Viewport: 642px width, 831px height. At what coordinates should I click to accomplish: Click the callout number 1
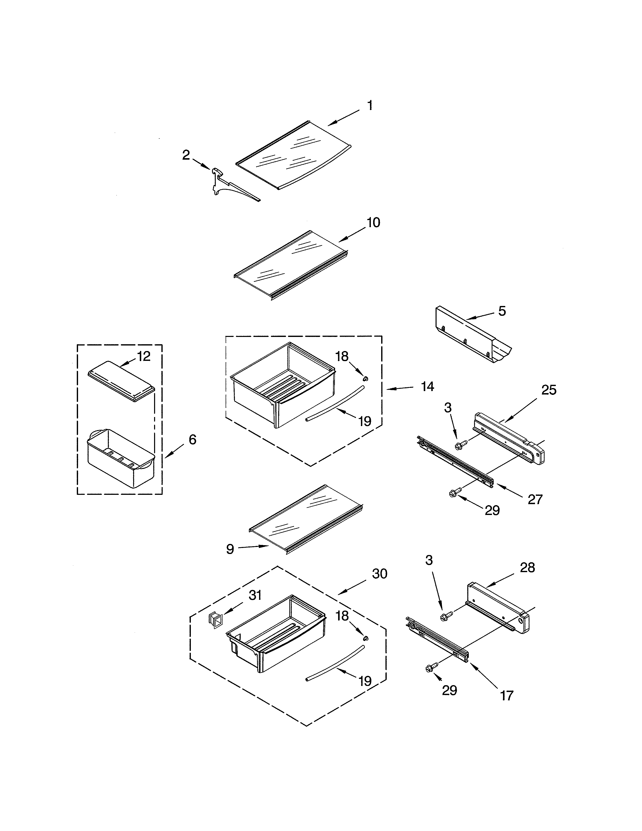click(370, 106)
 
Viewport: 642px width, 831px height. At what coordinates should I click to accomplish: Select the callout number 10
click(373, 223)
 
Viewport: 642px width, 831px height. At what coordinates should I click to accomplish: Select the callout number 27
click(535, 499)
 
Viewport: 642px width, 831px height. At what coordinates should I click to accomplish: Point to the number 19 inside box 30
click(365, 681)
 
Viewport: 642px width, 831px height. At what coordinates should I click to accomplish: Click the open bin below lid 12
click(121, 459)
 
